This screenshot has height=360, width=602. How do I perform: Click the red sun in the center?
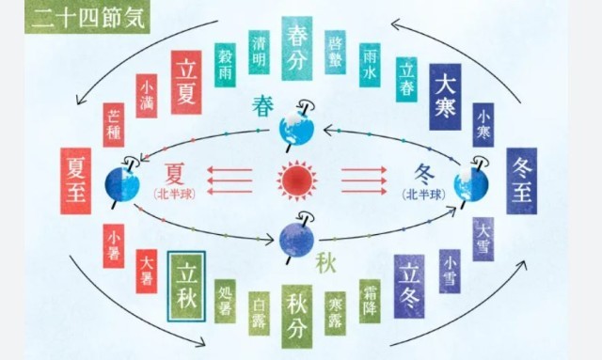(x=297, y=180)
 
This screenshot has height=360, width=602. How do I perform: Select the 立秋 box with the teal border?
(x=186, y=287)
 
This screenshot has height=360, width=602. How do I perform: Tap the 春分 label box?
(x=297, y=48)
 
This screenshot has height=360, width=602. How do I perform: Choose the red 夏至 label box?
(x=76, y=180)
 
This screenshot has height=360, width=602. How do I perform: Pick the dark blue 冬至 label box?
(x=522, y=180)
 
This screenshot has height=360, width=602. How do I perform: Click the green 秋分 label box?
(x=297, y=317)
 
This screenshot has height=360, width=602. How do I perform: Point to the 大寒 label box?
(x=445, y=97)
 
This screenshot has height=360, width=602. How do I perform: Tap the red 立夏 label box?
(x=186, y=82)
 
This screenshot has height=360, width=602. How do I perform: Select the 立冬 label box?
(x=409, y=287)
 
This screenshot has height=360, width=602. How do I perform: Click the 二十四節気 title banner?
(x=87, y=18)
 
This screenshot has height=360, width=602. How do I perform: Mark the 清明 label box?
(x=260, y=53)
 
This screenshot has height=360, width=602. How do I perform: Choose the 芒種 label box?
(x=114, y=125)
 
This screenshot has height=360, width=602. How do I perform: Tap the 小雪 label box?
(x=450, y=272)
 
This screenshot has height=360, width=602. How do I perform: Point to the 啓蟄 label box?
(x=335, y=53)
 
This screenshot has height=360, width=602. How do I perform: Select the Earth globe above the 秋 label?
(x=297, y=239)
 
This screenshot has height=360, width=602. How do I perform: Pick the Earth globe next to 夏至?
(x=122, y=184)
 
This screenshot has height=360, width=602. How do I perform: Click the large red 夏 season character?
(x=174, y=174)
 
